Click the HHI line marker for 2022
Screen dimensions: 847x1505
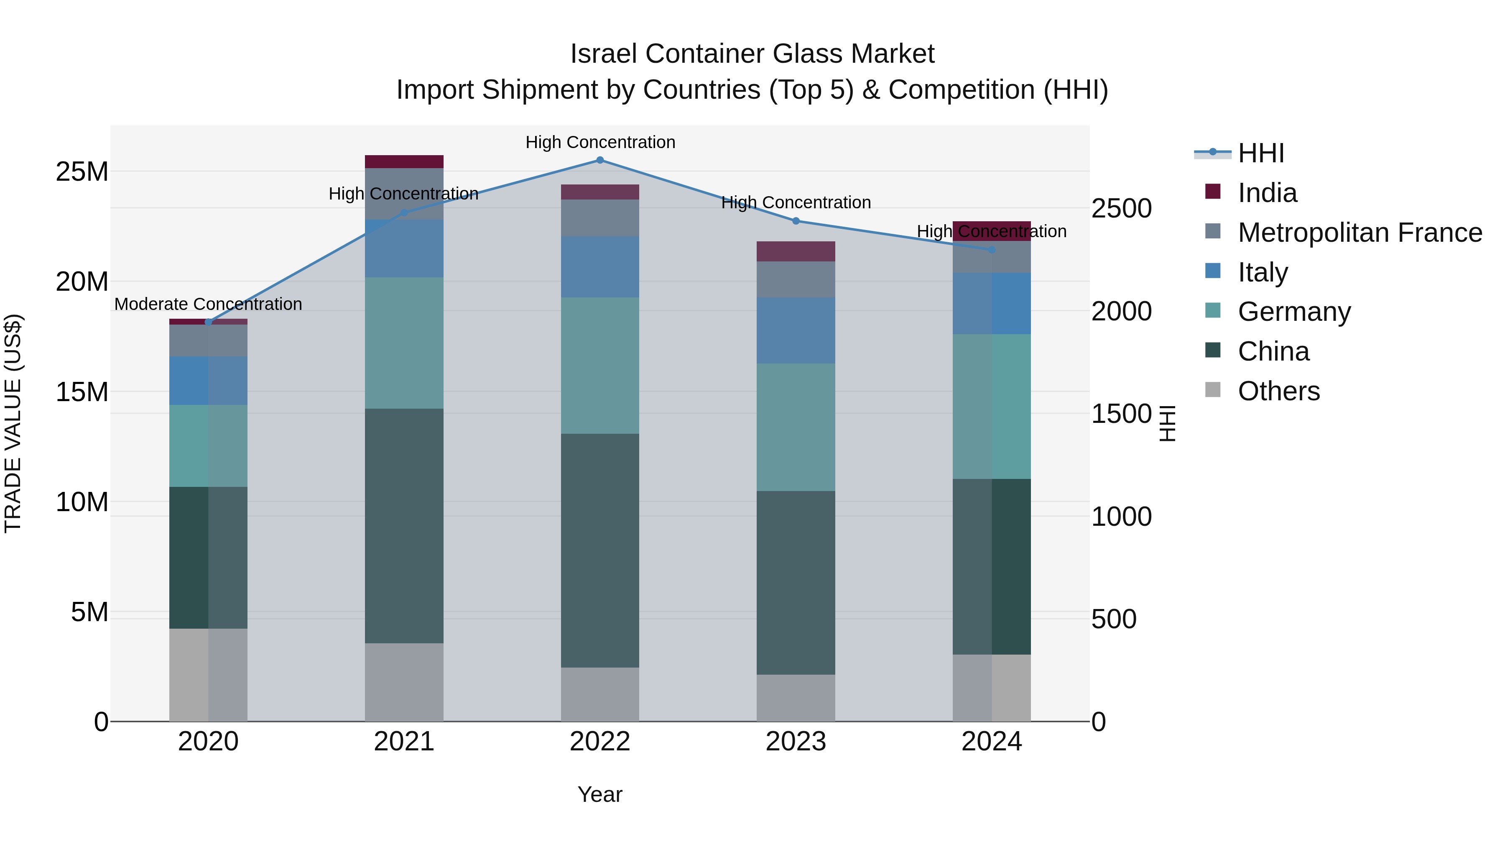(x=600, y=160)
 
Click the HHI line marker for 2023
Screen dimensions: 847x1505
(x=796, y=221)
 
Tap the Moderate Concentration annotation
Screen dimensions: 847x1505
(x=208, y=304)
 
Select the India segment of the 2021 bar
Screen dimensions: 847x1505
(x=404, y=162)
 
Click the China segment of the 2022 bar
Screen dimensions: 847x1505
(x=600, y=550)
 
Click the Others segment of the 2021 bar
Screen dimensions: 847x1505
(x=404, y=682)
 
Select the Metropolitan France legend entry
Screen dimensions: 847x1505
(x=1360, y=233)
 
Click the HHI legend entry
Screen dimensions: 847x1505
(x=1261, y=153)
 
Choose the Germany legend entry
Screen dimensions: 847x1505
(x=1294, y=312)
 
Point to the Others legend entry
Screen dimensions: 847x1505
(x=1278, y=391)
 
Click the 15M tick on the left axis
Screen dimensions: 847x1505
(x=82, y=392)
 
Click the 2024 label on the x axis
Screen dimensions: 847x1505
(x=992, y=742)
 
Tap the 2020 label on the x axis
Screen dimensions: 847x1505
(x=208, y=742)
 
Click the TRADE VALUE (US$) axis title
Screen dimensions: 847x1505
(x=13, y=423)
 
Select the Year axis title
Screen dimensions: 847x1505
(x=600, y=794)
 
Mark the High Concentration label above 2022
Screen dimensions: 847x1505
(x=600, y=142)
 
